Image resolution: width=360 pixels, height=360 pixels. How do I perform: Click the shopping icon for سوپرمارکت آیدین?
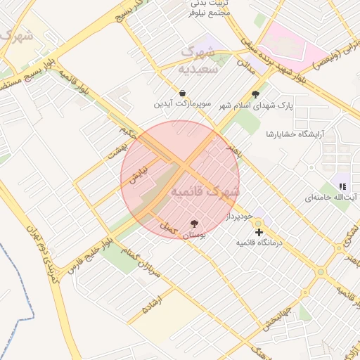(x=183, y=93)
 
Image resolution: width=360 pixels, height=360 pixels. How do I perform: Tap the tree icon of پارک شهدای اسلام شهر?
(x=255, y=94)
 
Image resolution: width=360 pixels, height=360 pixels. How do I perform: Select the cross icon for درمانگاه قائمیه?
(x=259, y=231)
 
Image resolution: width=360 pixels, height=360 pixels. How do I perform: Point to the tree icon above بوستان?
(x=194, y=224)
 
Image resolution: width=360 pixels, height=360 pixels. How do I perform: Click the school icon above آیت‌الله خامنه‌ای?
(x=342, y=186)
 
